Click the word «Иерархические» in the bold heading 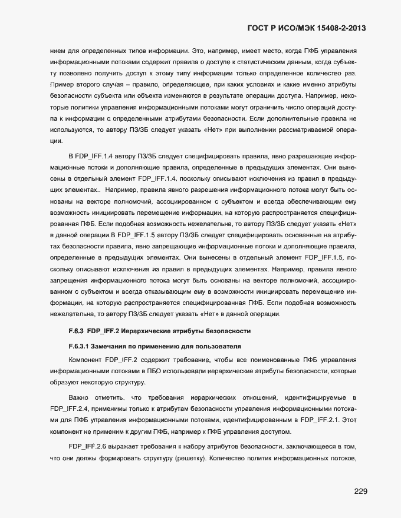(154, 331)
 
